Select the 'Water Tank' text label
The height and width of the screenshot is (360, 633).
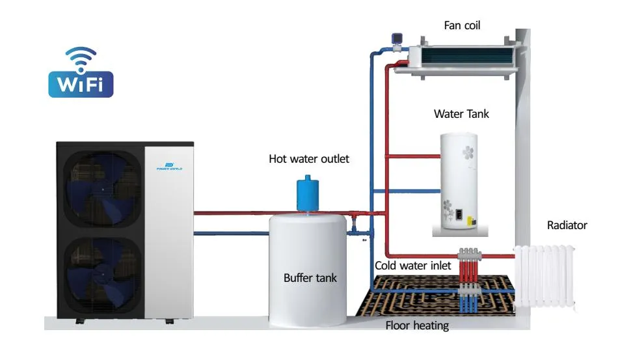pos(461,114)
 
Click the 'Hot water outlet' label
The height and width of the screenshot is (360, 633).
pos(309,158)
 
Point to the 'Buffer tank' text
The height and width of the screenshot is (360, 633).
pos(310,278)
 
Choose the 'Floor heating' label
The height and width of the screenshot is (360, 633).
pos(417,325)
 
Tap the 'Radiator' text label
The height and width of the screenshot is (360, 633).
pos(567,225)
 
